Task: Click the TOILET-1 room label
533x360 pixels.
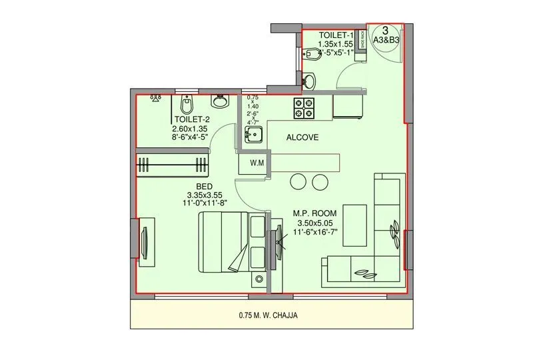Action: (335, 35)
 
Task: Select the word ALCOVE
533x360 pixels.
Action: (302, 137)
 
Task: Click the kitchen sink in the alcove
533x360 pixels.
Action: (253, 137)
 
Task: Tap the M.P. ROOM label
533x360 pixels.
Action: (316, 214)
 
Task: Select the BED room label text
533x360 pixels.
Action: (205, 186)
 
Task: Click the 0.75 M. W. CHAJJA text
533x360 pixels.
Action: (266, 316)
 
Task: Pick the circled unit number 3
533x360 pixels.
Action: (385, 30)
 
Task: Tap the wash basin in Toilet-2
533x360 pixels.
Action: (221, 102)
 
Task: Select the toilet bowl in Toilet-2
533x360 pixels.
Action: (187, 104)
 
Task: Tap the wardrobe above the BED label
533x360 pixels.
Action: (173, 164)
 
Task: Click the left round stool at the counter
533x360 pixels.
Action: (298, 181)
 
